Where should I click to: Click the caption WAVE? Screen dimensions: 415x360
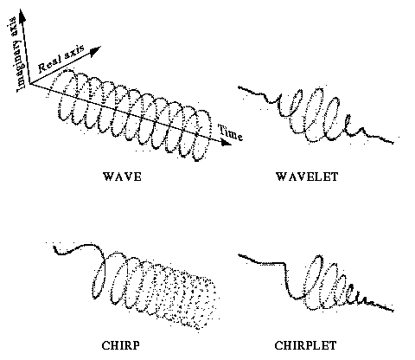(122, 177)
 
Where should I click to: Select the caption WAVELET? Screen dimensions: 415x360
(307, 177)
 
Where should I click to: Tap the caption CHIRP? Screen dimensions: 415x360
(121, 345)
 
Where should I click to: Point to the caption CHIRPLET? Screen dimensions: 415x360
(305, 345)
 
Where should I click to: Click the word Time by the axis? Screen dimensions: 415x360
(230, 132)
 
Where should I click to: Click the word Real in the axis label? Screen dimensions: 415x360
(50, 65)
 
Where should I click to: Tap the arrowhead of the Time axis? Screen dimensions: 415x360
(226, 142)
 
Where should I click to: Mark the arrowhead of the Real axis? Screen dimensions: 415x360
(96, 51)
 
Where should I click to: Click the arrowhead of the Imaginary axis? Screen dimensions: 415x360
(22, 15)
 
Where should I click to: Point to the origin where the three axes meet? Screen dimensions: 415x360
(29, 84)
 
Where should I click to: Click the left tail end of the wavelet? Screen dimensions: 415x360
(239, 87)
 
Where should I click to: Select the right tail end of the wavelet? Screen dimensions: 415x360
(393, 142)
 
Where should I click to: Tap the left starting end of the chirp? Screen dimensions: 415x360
(54, 247)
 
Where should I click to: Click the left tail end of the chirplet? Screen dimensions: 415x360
(239, 254)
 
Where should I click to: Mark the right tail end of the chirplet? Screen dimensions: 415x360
(393, 311)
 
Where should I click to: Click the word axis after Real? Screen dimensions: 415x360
(74, 53)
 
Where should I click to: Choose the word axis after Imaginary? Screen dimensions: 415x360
(13, 25)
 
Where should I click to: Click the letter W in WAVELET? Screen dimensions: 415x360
(282, 177)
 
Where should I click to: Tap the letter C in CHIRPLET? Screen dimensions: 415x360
(278, 345)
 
